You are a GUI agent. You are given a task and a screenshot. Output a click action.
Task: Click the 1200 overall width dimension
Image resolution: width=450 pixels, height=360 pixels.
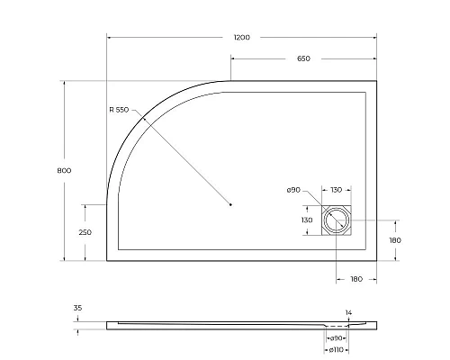click(240, 37)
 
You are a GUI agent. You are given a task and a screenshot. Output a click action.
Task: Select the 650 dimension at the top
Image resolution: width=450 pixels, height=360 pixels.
click(303, 58)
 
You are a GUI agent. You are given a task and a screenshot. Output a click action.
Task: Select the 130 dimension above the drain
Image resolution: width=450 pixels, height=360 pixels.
click(335, 190)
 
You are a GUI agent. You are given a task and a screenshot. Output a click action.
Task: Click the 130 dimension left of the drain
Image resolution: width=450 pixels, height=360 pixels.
click(307, 220)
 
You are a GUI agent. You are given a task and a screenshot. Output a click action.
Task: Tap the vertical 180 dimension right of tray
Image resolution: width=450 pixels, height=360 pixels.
click(393, 240)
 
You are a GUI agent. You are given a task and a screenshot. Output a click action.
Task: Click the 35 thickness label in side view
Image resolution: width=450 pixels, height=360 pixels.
click(77, 308)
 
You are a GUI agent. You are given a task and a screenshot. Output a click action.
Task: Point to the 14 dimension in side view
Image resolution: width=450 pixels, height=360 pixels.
click(348, 313)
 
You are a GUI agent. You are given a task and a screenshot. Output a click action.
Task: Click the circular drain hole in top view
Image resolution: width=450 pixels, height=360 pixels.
click(338, 220)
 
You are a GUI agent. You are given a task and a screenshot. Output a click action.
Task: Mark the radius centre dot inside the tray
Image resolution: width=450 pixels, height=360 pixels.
click(231, 204)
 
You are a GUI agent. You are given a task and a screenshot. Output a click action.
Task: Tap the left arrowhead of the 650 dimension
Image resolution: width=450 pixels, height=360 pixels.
click(233, 58)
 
